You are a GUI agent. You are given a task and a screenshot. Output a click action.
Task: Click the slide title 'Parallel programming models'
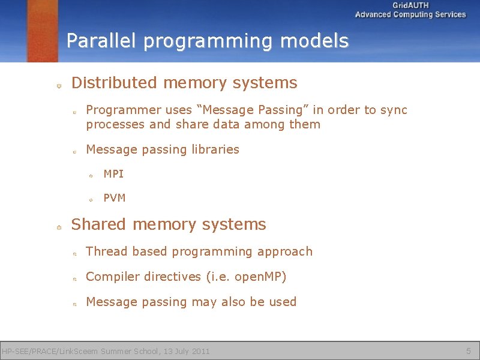pos(207,41)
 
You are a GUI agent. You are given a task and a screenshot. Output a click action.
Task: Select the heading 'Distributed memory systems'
pos(184,83)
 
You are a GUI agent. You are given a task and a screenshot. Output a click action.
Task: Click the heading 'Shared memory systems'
pos(169,224)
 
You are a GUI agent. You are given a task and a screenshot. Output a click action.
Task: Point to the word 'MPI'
pos(113,174)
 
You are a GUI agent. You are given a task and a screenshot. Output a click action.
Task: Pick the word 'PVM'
pos(115,198)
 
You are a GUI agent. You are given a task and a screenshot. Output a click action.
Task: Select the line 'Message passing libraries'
pos(163,149)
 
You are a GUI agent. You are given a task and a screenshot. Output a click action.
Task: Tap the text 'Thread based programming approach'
pos(199,251)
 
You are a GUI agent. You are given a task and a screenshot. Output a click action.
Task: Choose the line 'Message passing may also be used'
pos(191,302)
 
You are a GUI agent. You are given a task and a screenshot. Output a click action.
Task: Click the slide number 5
pos(468,350)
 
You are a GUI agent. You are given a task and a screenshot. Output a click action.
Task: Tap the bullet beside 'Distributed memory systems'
pos(59,86)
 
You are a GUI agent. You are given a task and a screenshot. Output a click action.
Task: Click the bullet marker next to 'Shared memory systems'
pos(59,227)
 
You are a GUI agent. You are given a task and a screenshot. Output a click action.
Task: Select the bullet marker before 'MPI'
pos(90,176)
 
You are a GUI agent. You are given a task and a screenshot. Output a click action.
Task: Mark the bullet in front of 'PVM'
pos(90,200)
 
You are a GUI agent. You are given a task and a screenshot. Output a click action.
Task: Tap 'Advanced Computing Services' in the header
pos(410,14)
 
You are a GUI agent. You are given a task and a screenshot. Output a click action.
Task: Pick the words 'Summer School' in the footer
pos(125,351)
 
